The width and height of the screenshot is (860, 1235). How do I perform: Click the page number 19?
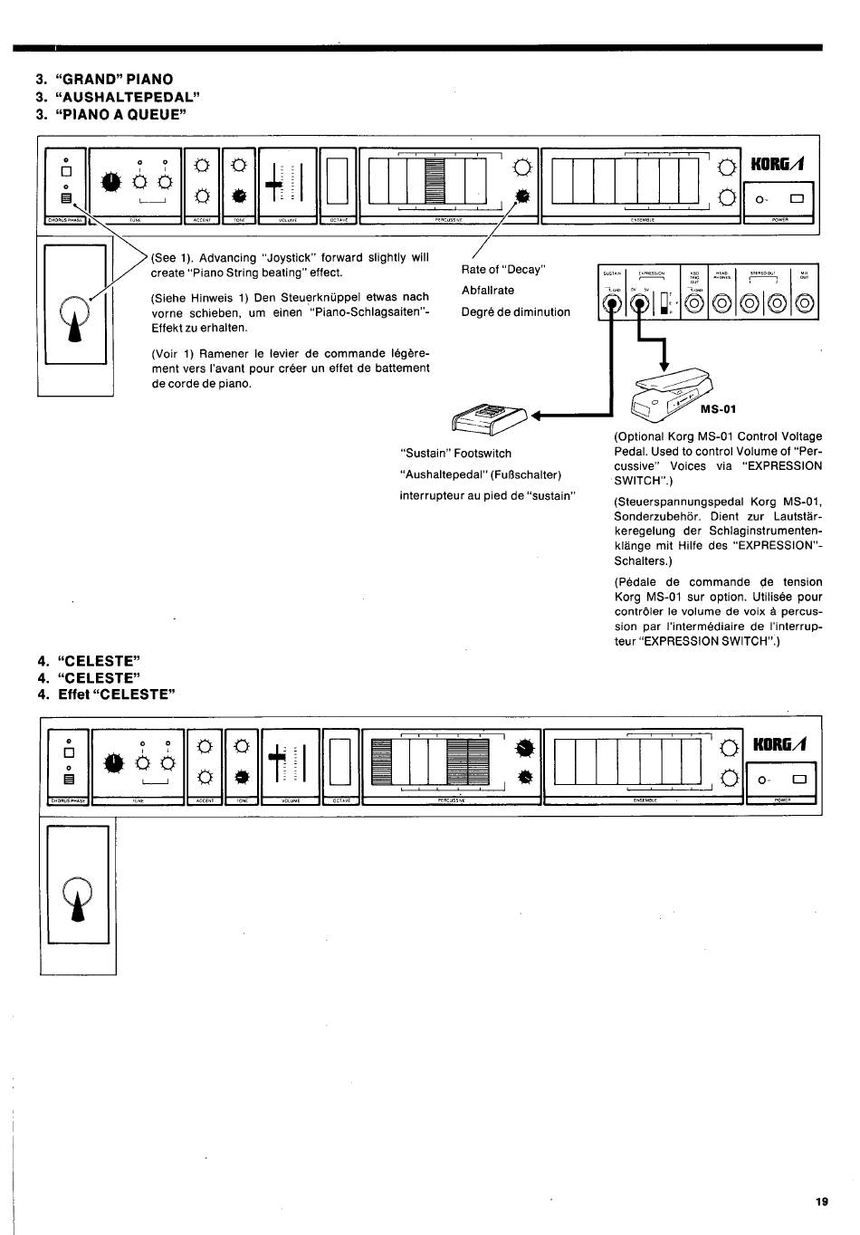(821, 1202)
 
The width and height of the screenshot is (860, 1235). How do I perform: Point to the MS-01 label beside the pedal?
(720, 408)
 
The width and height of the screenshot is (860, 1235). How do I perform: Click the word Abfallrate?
(488, 291)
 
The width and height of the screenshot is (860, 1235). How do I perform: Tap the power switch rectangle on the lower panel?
(798, 780)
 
